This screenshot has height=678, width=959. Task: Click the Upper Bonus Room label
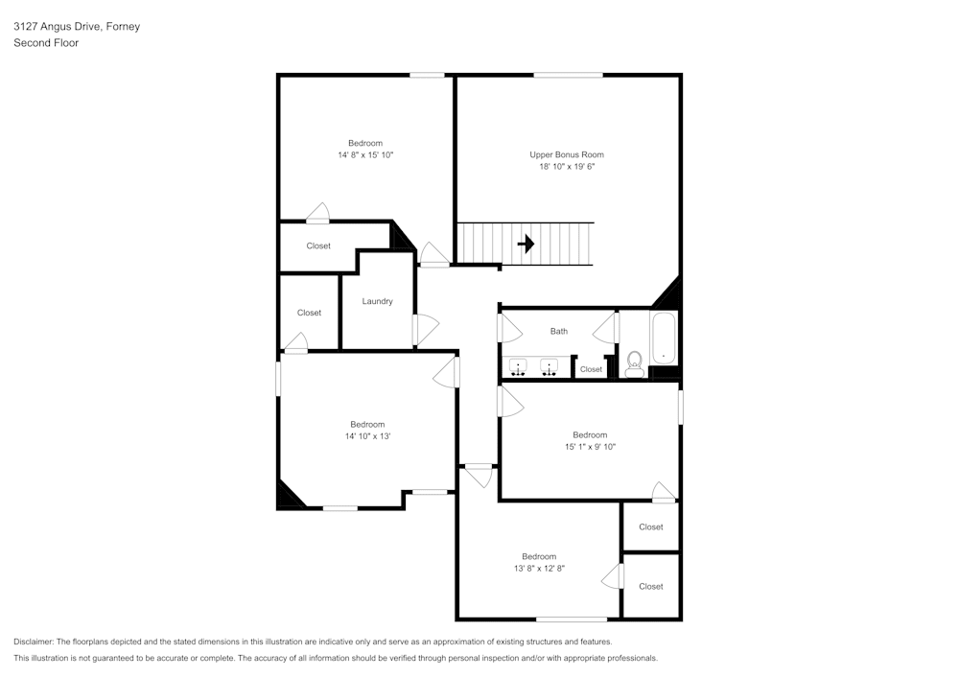[x=567, y=154]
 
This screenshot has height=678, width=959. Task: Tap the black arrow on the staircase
[x=526, y=244]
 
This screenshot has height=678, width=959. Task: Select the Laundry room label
[x=377, y=301]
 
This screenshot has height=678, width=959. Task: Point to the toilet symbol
[x=634, y=363]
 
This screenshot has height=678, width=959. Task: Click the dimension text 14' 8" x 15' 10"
[x=365, y=154]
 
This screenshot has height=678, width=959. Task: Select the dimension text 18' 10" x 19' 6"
[x=567, y=166]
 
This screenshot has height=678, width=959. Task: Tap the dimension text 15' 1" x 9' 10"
[x=590, y=446]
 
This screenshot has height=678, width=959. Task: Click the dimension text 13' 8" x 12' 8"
[x=539, y=568]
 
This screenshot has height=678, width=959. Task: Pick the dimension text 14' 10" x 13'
[x=367, y=436]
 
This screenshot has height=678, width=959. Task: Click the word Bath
[x=558, y=331]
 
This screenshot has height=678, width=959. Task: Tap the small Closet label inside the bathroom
[x=591, y=369]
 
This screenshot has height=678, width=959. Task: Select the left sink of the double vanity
[x=519, y=367]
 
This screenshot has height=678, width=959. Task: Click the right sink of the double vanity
[x=550, y=367]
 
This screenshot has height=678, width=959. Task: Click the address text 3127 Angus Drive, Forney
[x=77, y=27]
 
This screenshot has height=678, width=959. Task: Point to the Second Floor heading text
[x=46, y=43]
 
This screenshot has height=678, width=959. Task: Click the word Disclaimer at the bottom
[x=34, y=642]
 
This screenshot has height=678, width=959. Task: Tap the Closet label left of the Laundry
[x=309, y=313]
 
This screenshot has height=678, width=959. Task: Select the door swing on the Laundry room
[x=425, y=330]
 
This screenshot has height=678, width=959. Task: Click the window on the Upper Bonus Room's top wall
[x=568, y=75]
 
